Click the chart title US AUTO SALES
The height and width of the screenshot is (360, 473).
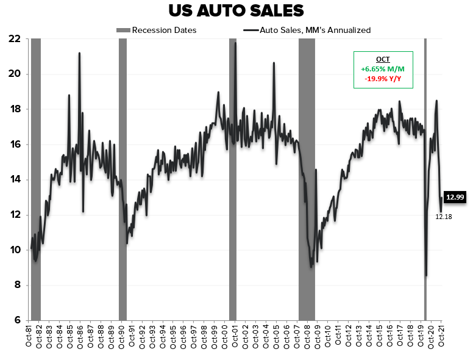(x=236, y=11)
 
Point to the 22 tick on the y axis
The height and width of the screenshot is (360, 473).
(x=15, y=38)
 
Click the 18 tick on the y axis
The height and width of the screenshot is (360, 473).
(x=15, y=109)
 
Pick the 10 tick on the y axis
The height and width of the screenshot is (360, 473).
(x=15, y=250)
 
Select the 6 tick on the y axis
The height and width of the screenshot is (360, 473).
(x=18, y=320)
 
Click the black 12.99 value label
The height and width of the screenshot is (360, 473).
(x=456, y=196)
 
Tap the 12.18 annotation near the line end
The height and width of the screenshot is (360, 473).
(x=443, y=216)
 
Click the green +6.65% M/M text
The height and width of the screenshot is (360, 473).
(x=383, y=68)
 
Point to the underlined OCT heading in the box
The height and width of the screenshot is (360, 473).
(x=383, y=59)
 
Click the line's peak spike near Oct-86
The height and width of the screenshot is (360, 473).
(x=79, y=53)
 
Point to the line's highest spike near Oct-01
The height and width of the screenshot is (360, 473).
(x=235, y=43)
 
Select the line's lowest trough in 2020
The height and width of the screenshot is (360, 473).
(x=426, y=275)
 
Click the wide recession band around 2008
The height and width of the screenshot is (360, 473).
(x=307, y=183)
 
